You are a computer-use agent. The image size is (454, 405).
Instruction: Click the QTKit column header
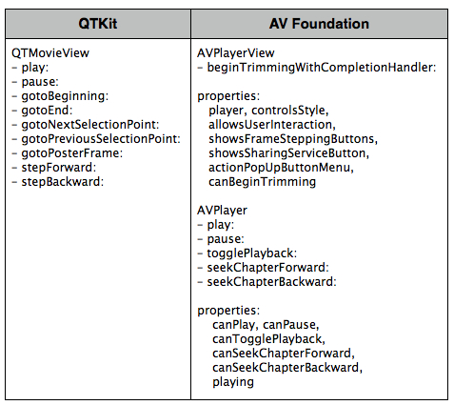pos(98,24)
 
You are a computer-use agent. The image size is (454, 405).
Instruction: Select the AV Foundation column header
pos(319,24)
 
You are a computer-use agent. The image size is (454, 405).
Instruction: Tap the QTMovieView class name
pos(50,53)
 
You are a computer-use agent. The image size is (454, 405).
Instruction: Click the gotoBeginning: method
pos(65,96)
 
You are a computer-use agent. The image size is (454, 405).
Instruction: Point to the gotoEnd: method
pos(47,111)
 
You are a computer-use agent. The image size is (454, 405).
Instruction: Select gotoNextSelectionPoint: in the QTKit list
pos(90,125)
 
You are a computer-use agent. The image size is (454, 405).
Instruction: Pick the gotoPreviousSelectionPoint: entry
pos(101,139)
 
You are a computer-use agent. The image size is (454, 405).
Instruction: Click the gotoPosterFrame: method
pos(72,153)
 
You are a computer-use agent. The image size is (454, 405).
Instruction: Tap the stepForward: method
pos(59,168)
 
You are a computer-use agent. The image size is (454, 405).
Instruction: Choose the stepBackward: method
pos(63,182)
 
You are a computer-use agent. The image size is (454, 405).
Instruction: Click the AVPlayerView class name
pos(236,53)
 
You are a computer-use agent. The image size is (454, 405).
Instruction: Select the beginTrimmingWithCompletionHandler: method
pos(322,68)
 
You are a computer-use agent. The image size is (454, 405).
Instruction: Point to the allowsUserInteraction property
pos(272,125)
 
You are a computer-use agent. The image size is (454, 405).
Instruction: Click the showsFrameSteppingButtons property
pos(293,139)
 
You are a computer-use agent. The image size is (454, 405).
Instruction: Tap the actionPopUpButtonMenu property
pos(281,168)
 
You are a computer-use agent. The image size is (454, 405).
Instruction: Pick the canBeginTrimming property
pos(263,182)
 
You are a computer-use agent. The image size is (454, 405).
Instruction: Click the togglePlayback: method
pos(252,253)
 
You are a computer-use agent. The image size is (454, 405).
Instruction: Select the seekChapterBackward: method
pos(271,282)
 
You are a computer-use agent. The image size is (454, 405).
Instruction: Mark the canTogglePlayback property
pos(268,339)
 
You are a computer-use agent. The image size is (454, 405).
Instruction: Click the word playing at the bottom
pos(233,382)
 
